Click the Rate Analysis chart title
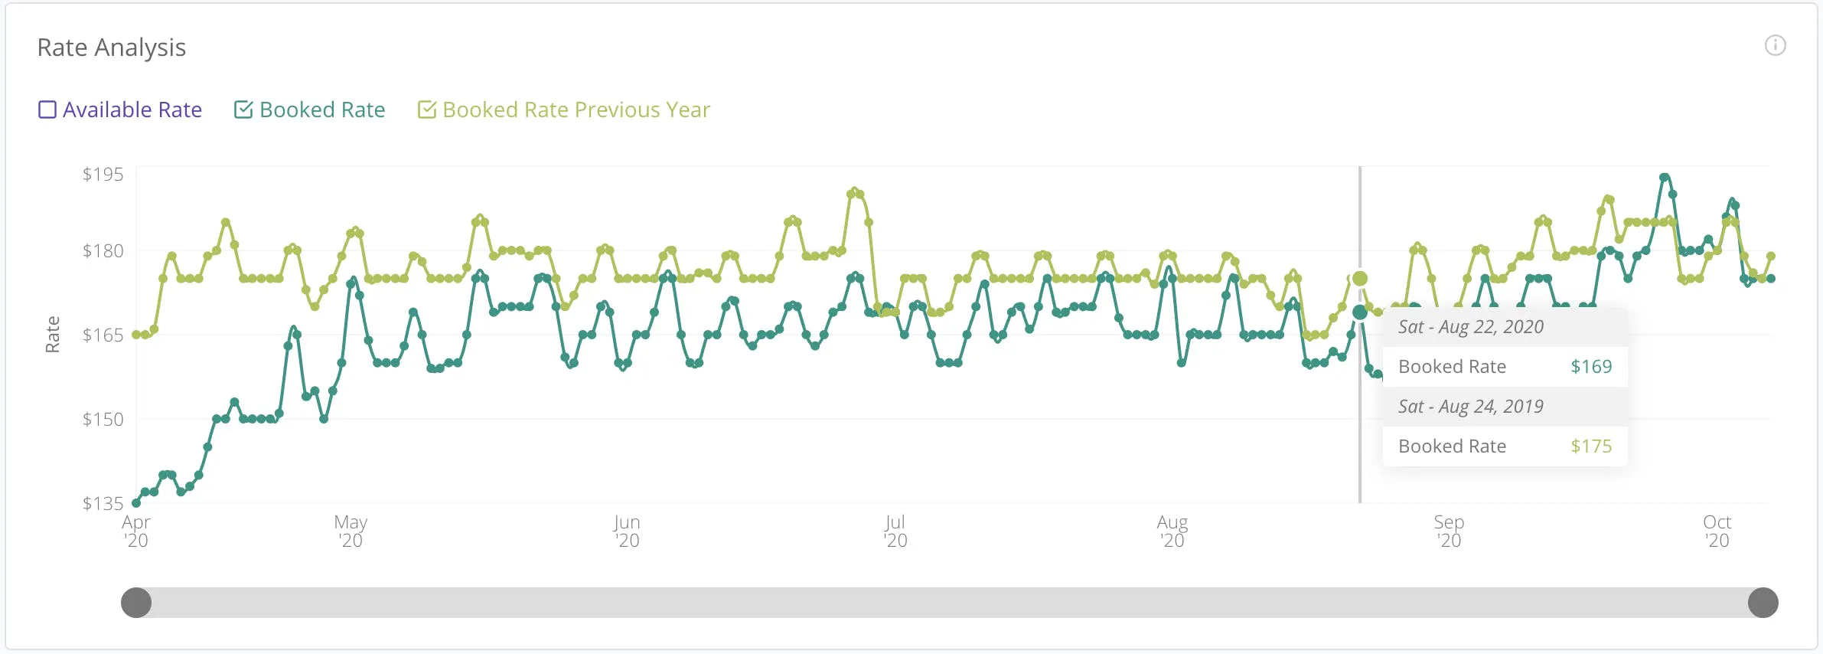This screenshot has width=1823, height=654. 112,47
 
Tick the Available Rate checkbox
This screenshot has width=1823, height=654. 47,110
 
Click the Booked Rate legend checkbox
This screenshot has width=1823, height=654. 243,110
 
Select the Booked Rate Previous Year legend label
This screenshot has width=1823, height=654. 576,110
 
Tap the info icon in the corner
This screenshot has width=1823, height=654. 1776,45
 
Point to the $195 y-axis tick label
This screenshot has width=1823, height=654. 103,175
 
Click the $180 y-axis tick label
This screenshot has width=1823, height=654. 103,251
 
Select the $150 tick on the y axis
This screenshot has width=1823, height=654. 103,420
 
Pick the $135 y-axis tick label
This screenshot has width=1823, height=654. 103,504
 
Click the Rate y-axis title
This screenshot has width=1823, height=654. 52,335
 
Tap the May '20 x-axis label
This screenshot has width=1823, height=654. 351,531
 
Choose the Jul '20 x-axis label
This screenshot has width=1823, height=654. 895,531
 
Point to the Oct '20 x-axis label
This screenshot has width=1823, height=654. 1717,531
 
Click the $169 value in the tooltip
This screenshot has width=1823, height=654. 1591,367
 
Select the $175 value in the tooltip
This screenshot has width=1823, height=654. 1591,446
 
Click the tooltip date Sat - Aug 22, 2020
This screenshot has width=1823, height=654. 1471,327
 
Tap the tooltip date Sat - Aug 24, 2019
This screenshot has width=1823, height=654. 1471,407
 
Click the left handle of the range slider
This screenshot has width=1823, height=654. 136,603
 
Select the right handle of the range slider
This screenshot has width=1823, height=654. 1763,603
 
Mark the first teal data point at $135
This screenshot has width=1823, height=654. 136,503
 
